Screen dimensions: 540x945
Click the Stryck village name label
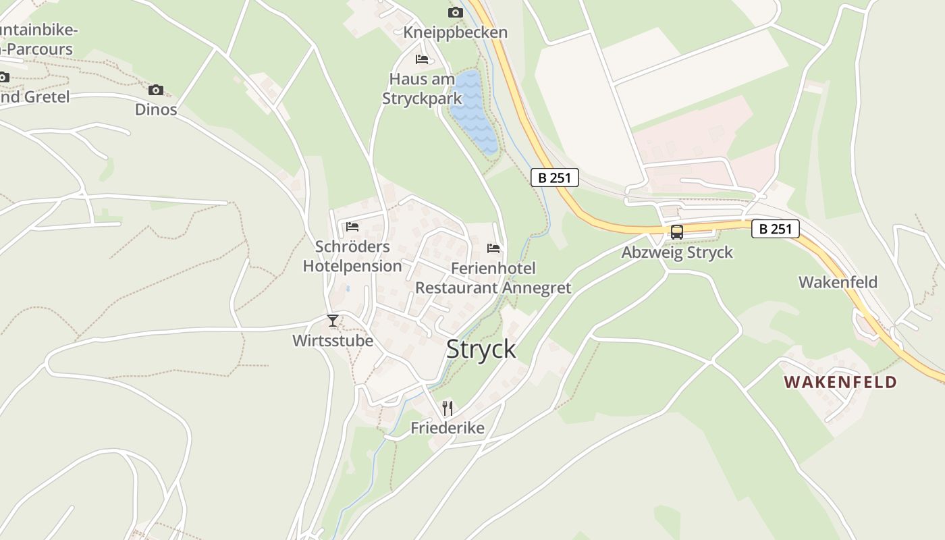[x=481, y=349]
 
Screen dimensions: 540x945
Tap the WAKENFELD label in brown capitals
[x=840, y=382]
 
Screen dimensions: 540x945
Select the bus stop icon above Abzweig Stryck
[x=676, y=232]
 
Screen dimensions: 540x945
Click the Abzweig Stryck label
[x=677, y=253]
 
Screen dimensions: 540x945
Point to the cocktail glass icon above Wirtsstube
[x=332, y=321]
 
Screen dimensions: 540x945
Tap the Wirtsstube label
[x=333, y=341]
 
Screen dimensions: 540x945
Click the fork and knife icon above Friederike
[x=447, y=408]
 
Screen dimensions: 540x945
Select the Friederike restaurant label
[x=448, y=428]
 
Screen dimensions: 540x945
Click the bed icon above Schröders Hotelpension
[x=352, y=227]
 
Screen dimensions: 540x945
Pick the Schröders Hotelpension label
[x=352, y=256]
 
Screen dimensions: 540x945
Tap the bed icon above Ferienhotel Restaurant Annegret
[x=493, y=248]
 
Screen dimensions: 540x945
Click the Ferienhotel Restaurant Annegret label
[x=493, y=278]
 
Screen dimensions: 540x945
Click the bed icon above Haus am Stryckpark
[x=423, y=59]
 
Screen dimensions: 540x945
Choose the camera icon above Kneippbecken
[x=456, y=12]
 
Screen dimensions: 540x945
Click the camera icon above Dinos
[x=156, y=90]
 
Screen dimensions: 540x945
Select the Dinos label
[x=156, y=109]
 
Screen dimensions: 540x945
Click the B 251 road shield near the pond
[x=554, y=178]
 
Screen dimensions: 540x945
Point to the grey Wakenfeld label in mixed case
[x=838, y=282]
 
